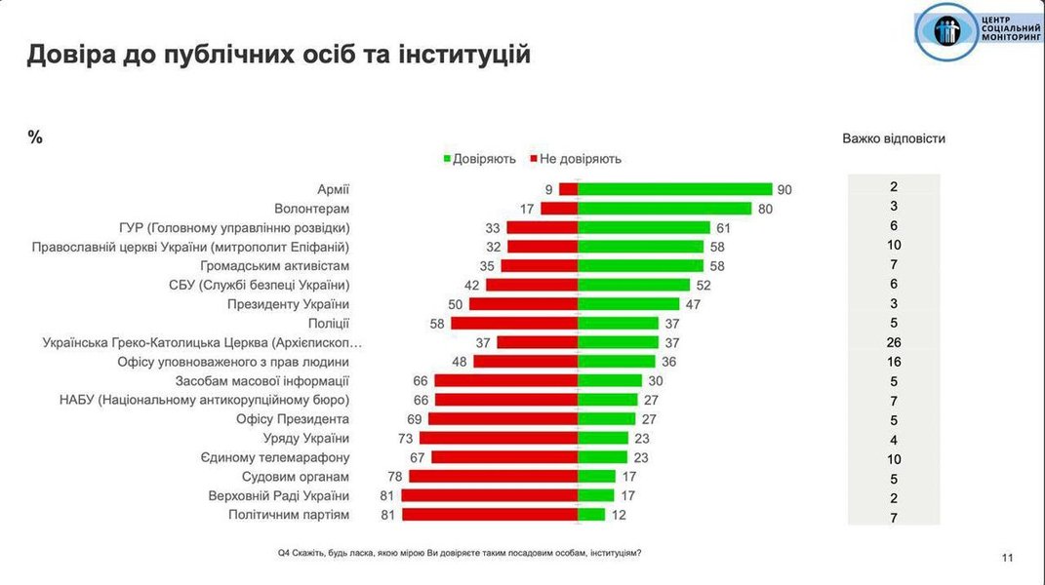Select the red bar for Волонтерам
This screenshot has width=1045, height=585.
tap(559, 208)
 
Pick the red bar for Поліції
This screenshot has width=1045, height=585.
tap(514, 323)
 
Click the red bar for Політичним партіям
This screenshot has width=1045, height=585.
tap(490, 514)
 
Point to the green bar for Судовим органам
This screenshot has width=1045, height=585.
tap(597, 476)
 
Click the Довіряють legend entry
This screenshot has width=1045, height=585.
tap(479, 158)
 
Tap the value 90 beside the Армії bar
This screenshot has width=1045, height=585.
tap(784, 189)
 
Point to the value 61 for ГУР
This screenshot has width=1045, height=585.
tap(723, 227)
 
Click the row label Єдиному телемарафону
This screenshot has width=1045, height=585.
tap(275, 456)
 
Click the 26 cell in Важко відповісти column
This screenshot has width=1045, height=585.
tap(894, 342)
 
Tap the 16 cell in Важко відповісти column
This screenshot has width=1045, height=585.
tap(894, 361)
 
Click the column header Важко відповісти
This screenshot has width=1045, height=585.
tap(894, 138)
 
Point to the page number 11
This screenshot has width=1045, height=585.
tap(1008, 558)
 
